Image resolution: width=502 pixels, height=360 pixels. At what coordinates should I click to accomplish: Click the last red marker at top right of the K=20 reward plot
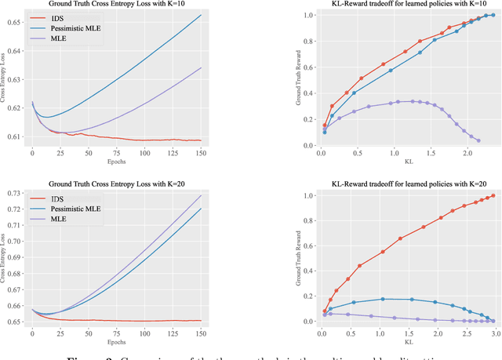pyautogui.click(x=493, y=196)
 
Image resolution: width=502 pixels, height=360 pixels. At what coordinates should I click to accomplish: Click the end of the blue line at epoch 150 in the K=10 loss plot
pyautogui.click(x=201, y=15)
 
